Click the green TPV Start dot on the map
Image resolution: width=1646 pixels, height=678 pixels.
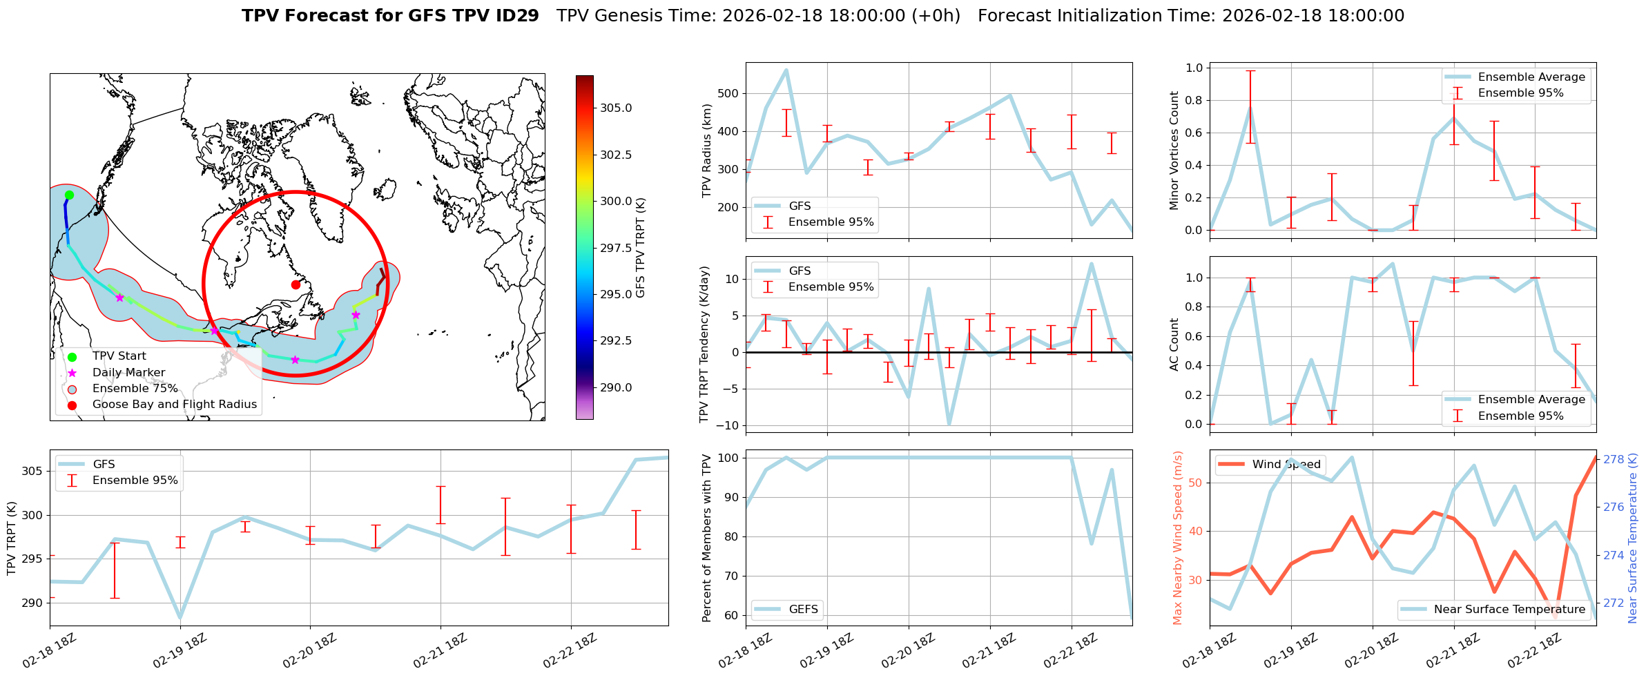pos(69,195)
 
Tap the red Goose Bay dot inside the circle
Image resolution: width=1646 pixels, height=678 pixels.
pos(296,284)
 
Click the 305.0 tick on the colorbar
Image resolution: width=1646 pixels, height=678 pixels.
pos(615,108)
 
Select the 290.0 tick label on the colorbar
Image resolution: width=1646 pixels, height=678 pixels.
pos(615,387)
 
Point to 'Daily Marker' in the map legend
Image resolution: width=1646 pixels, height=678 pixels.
pos(128,372)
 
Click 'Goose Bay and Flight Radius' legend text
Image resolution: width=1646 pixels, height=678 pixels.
pos(174,404)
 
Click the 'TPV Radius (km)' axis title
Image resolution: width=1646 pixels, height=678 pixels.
pos(706,151)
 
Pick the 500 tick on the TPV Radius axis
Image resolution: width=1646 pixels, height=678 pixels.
pos(728,93)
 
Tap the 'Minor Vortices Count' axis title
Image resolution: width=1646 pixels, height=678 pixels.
pos(1174,151)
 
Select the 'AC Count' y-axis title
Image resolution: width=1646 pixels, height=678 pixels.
pos(1174,345)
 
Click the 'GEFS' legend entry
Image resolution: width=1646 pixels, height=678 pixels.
pos(803,609)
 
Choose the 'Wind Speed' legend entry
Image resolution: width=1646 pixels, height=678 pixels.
pos(1286,464)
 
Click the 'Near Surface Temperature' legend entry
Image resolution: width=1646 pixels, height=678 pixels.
pos(1509,609)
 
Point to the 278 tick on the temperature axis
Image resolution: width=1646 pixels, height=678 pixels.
pos(1613,459)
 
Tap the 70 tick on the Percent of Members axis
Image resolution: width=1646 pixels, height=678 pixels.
pos(730,576)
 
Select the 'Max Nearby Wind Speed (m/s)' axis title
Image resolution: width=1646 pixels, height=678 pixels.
pos(1178,538)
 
